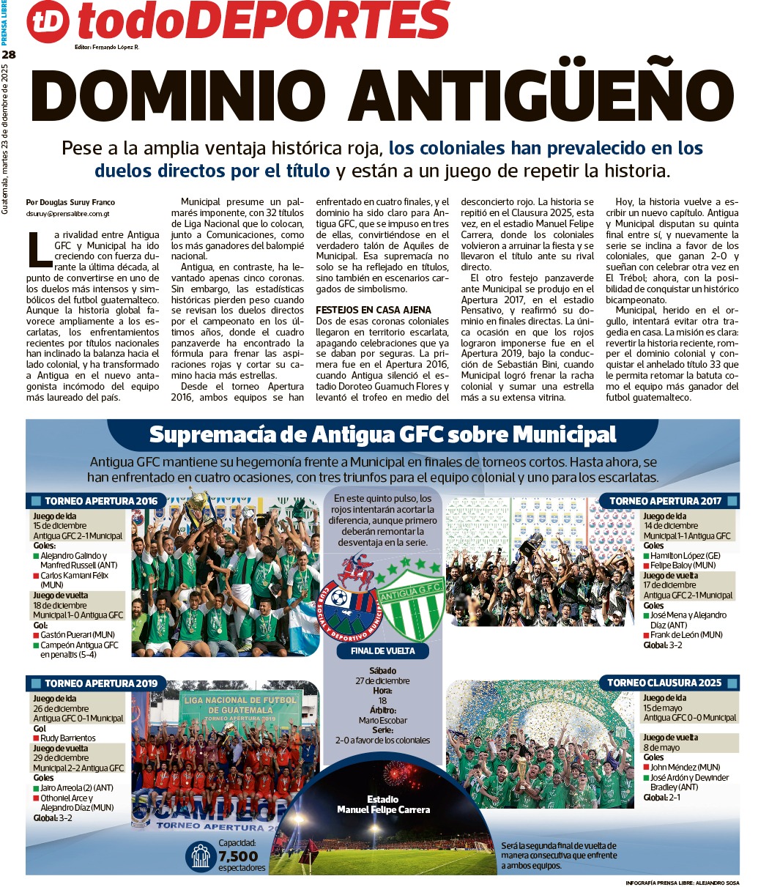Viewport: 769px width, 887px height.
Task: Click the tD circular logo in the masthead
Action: [x=48, y=23]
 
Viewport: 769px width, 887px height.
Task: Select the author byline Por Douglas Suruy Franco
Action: [x=70, y=202]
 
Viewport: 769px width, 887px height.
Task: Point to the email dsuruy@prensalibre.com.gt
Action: [x=67, y=214]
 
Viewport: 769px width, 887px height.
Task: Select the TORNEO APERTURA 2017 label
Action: [x=665, y=502]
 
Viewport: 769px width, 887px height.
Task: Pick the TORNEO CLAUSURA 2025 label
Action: [x=664, y=683]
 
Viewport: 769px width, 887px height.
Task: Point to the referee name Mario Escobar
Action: [x=382, y=720]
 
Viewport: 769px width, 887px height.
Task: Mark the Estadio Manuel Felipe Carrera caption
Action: [x=383, y=804]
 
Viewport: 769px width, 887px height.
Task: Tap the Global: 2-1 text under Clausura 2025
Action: [x=661, y=797]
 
